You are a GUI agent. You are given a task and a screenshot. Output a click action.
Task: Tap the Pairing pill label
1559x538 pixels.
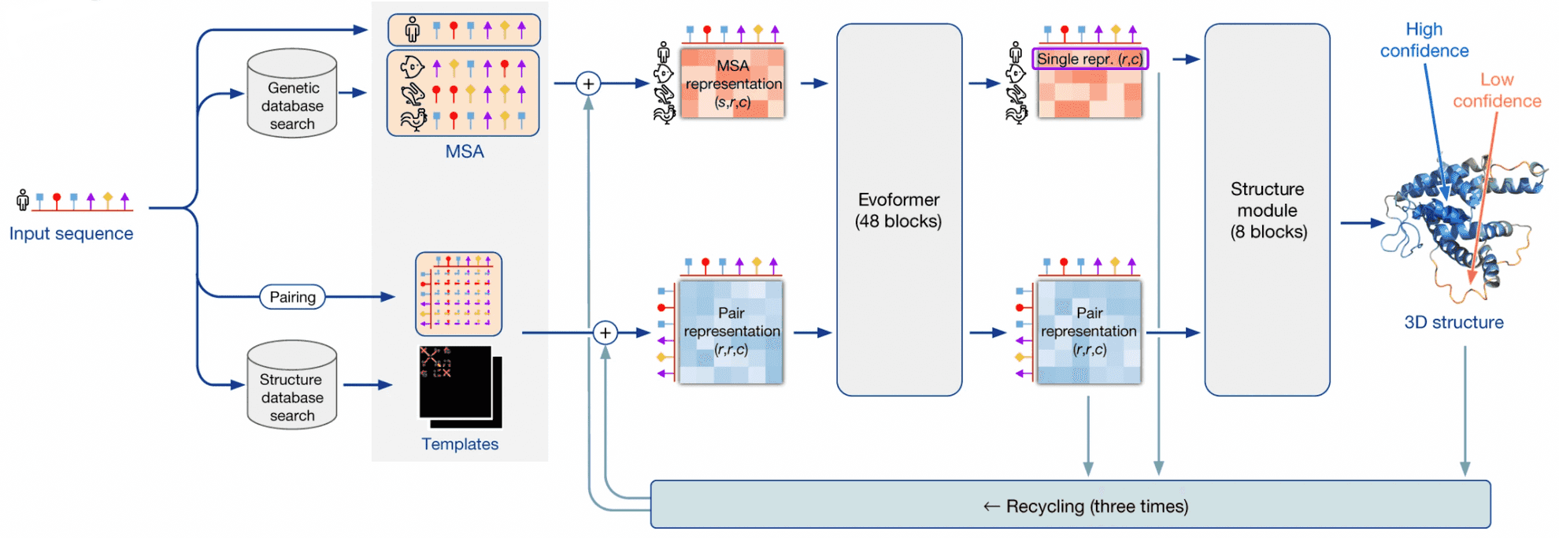pos(292,297)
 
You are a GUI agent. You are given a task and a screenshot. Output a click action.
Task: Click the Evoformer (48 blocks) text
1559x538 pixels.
pos(898,210)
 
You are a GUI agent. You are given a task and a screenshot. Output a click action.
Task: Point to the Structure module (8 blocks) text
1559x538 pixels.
pos(1268,210)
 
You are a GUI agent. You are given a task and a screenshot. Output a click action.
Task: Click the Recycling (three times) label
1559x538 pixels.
pos(1087,506)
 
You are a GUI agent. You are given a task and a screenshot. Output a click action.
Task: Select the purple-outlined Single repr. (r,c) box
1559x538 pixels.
pos(1090,59)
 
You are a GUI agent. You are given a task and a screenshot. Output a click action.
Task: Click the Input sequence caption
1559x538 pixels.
pos(71,234)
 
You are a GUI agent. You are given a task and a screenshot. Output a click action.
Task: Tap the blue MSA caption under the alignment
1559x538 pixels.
pos(465,152)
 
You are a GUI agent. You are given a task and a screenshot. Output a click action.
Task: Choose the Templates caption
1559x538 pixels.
pos(460,444)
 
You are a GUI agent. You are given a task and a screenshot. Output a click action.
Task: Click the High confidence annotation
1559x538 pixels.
pos(1424,40)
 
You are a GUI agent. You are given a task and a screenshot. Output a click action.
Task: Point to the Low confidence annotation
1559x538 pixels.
pos(1496,91)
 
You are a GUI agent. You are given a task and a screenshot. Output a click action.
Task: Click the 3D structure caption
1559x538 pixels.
pos(1453,322)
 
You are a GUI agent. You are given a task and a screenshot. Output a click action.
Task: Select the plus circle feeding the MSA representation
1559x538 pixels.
pos(588,83)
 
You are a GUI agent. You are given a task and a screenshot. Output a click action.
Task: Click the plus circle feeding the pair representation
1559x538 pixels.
pos(605,333)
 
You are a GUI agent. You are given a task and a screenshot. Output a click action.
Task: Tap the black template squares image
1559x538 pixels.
pos(458,386)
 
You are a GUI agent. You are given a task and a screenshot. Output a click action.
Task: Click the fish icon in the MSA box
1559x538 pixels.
pos(412,68)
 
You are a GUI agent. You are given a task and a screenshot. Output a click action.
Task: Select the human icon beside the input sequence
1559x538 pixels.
pos(23,200)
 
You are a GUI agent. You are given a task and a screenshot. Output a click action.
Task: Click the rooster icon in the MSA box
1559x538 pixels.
pos(413,120)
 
